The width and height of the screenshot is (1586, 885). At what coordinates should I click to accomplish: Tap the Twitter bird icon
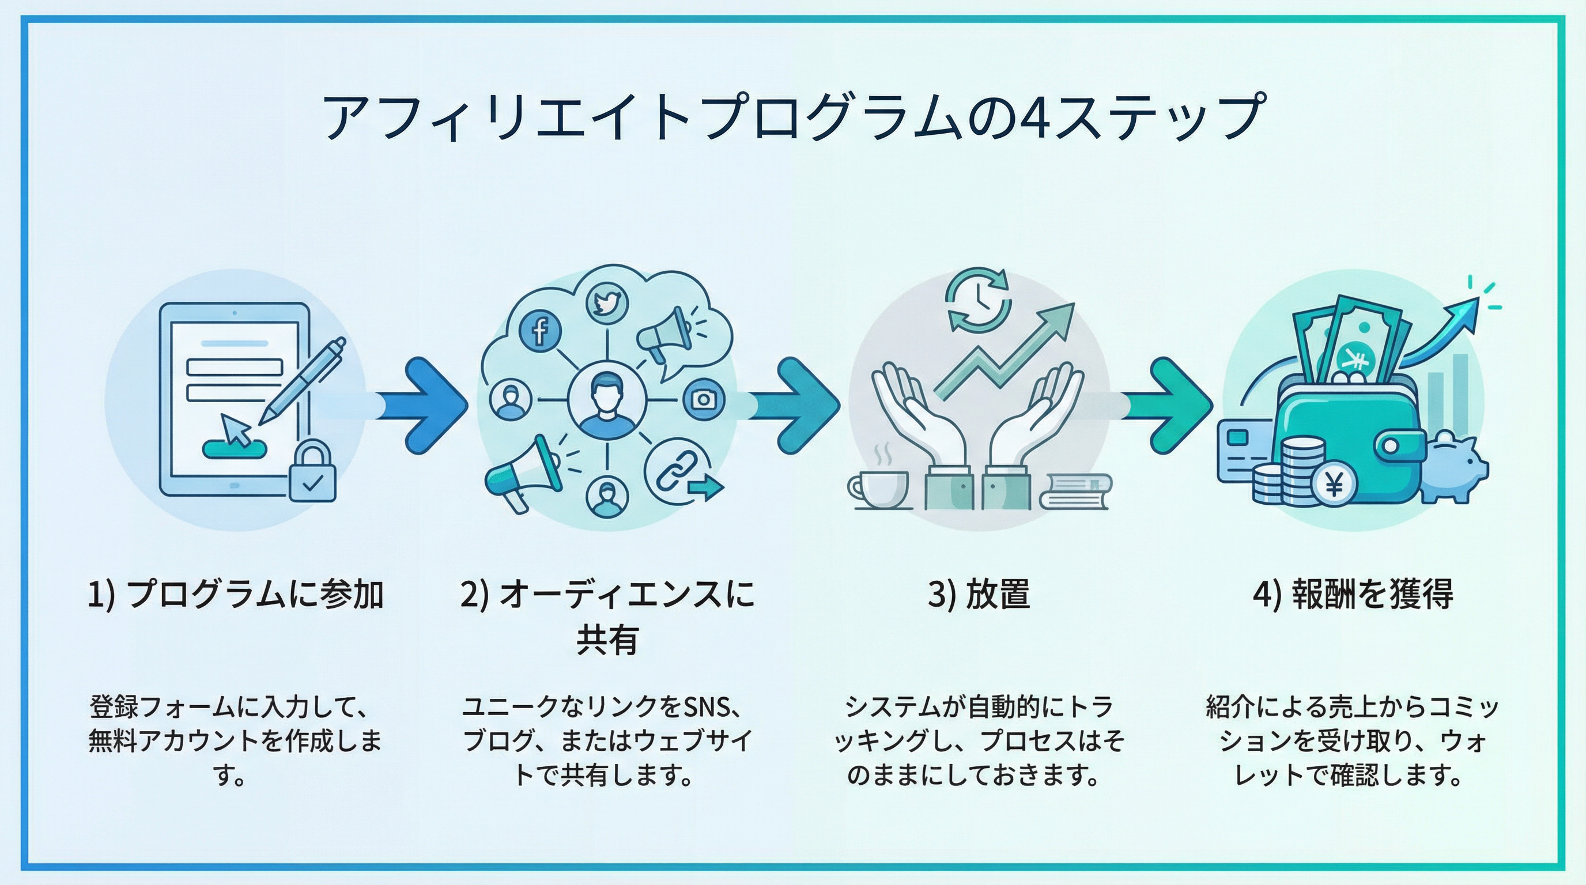[606, 304]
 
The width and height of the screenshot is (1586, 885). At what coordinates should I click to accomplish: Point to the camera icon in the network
[703, 400]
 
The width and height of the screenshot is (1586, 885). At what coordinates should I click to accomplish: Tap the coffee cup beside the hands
[878, 489]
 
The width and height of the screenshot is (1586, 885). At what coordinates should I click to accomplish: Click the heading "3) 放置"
[979, 595]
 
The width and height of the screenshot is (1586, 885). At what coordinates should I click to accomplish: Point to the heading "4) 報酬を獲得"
[1353, 595]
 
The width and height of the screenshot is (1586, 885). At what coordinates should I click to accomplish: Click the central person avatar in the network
[606, 401]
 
